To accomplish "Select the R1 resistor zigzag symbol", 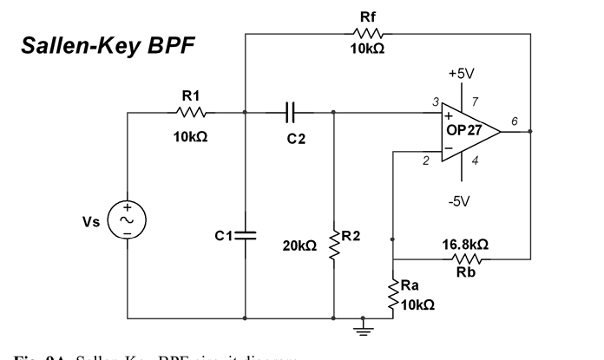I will pyautogui.click(x=191, y=112).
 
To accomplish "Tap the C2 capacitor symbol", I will pyautogui.click(x=291, y=112).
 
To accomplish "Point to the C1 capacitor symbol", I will pyautogui.click(x=246, y=234).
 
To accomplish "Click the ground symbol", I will pyautogui.click(x=363, y=327).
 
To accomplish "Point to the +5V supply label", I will pyautogui.click(x=461, y=73).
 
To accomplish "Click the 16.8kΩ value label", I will pyautogui.click(x=464, y=245).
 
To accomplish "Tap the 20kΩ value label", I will pyautogui.click(x=299, y=246).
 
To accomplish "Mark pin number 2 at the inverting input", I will pyautogui.click(x=427, y=160).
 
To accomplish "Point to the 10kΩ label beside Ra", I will pyautogui.click(x=417, y=305).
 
